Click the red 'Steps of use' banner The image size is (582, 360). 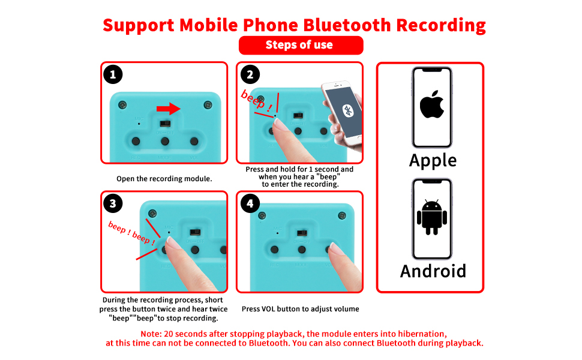301,45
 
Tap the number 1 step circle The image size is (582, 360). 113,74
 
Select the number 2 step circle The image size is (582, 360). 250,74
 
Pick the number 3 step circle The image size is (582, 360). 113,203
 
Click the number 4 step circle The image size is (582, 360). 250,203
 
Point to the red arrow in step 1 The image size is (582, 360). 168,109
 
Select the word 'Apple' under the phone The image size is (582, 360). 433,161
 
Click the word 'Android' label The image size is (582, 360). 433,271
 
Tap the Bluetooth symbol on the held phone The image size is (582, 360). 347,110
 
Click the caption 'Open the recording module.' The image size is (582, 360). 164,179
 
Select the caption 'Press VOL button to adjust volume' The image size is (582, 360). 300,309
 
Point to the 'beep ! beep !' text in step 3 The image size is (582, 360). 131,233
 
